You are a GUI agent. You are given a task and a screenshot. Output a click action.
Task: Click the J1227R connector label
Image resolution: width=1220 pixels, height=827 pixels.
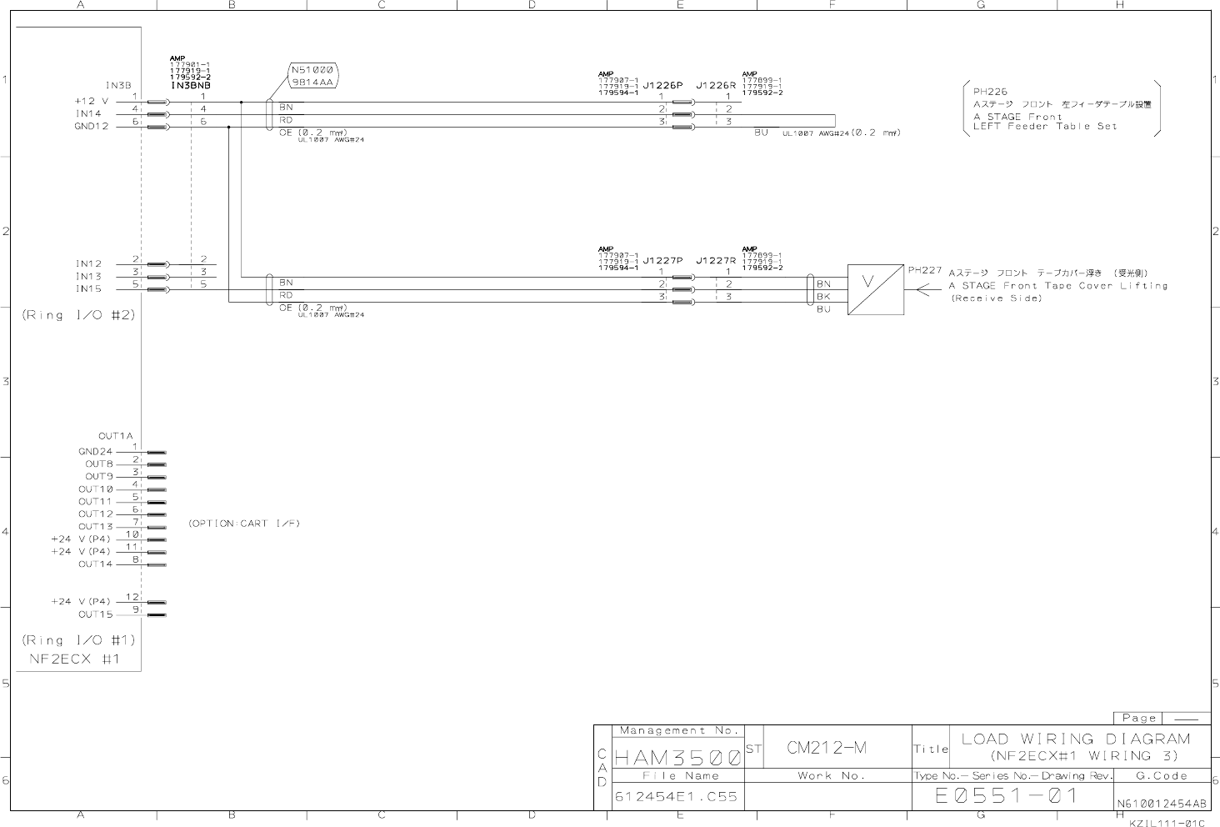pos(716,260)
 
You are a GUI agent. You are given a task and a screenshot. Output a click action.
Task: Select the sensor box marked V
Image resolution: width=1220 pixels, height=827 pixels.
pos(875,290)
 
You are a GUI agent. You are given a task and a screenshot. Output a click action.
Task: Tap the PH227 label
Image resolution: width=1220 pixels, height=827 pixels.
pos(925,270)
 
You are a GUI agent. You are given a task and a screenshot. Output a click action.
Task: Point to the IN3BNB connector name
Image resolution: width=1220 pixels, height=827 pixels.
pos(191,86)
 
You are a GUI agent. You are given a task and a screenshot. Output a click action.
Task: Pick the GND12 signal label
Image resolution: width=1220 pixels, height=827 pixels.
pos(92,126)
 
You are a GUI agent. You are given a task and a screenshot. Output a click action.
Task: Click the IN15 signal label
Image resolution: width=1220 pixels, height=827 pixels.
pos(88,289)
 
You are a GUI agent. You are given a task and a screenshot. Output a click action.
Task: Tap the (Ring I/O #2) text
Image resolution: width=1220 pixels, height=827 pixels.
pos(78,315)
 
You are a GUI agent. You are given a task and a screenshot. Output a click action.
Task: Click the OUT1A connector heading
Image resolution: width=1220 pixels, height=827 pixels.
pos(116,436)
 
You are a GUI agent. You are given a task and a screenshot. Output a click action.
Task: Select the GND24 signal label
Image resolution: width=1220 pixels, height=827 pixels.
pos(95,452)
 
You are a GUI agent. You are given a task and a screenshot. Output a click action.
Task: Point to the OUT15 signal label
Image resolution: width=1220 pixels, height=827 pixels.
pos(95,614)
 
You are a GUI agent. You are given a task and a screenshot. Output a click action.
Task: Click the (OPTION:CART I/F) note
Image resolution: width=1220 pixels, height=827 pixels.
pos(243,524)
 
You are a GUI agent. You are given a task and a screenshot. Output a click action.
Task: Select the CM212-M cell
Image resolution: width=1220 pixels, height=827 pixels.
pos(827,748)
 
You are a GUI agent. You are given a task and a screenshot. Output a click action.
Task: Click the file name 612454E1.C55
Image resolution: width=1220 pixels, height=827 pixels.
pos(676,797)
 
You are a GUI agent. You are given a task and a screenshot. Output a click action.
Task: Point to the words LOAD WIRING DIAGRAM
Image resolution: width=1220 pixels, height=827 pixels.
pos(1076,739)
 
